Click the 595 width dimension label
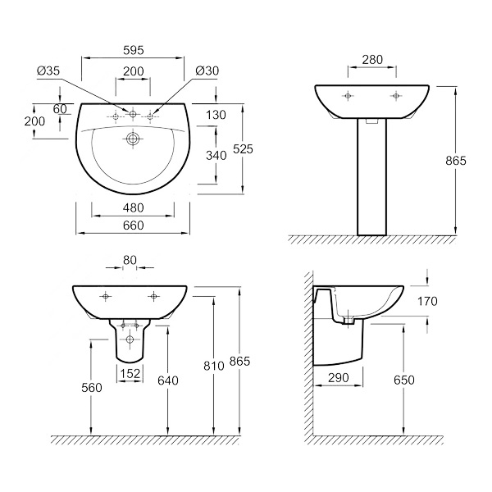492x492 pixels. tap(134, 50)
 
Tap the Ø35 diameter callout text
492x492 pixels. tap(48, 71)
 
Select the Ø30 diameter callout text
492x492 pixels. tap(207, 71)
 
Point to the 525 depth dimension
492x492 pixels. tap(243, 149)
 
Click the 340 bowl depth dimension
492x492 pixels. tap(216, 155)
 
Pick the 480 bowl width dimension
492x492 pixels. tap(134, 207)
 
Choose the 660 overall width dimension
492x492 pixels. tap(134, 225)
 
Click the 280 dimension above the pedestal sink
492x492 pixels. tap(372, 59)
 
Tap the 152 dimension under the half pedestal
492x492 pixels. tap(130, 373)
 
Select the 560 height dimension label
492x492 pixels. tap(92, 388)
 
